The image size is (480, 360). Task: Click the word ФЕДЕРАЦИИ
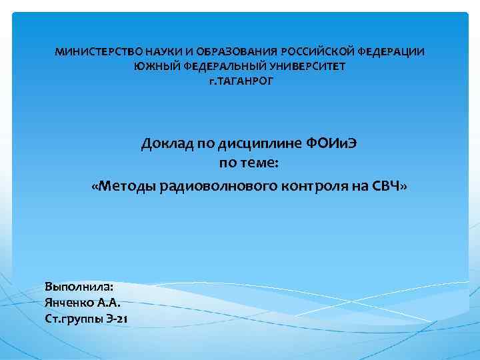coord(393,51)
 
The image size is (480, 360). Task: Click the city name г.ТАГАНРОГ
coord(240,81)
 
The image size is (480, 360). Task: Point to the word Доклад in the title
coord(165,144)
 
